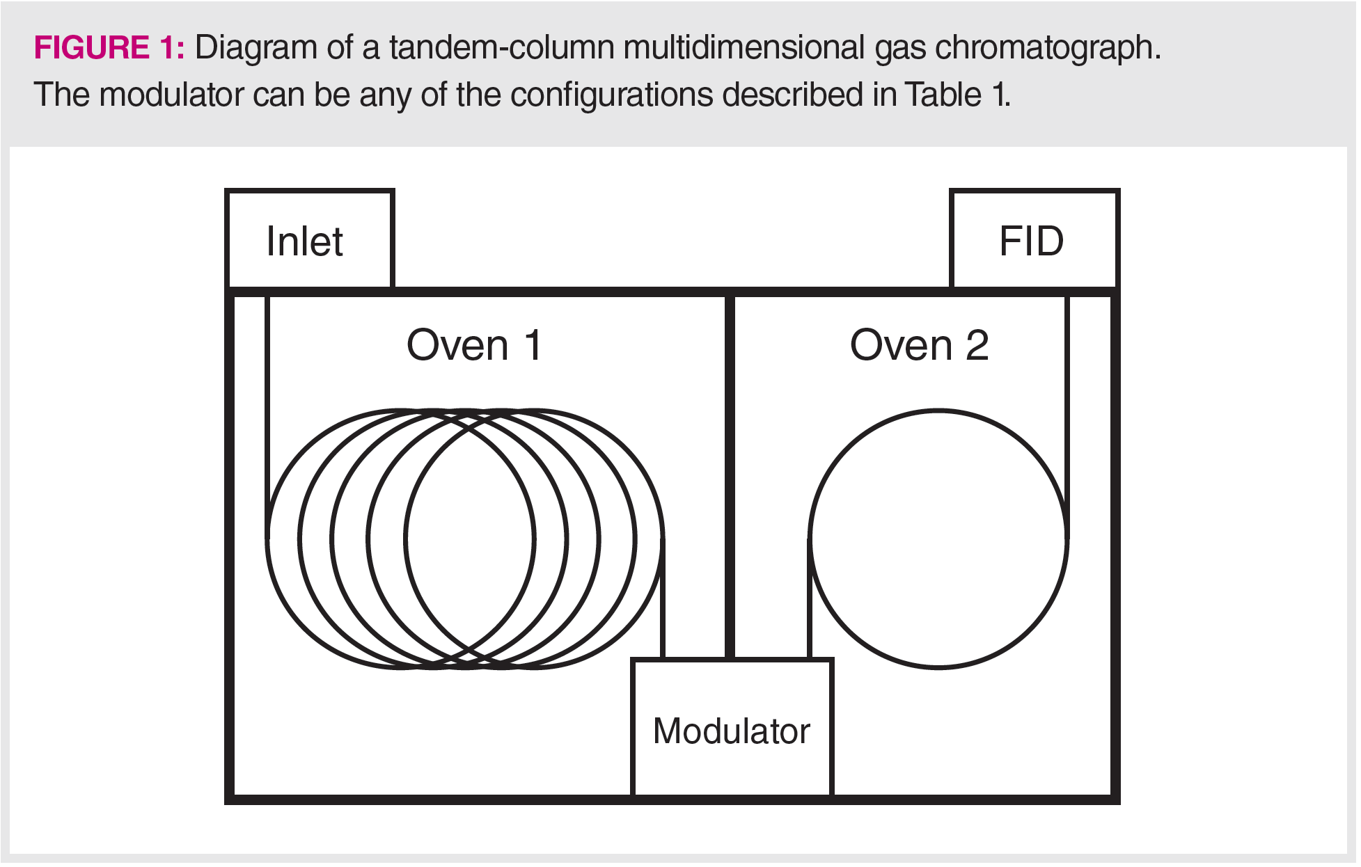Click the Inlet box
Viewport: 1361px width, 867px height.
click(310, 240)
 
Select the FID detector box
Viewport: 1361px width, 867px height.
click(1034, 240)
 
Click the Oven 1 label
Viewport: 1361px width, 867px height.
click(474, 345)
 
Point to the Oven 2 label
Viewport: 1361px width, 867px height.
click(919, 345)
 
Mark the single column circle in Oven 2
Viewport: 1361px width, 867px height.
click(938, 411)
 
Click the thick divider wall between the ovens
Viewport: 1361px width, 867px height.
click(730, 473)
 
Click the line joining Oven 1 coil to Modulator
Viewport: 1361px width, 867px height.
click(662, 598)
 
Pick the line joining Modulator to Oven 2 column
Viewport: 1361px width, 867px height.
click(809, 598)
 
